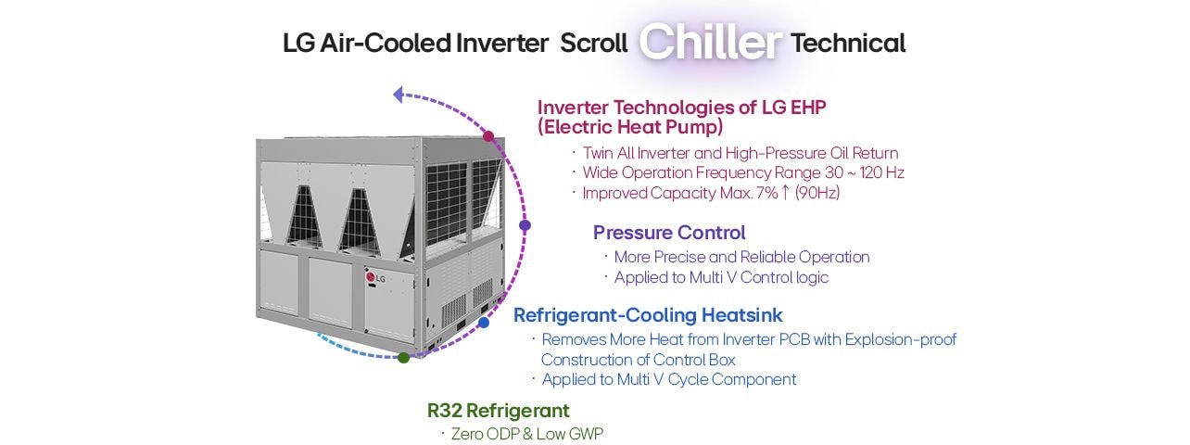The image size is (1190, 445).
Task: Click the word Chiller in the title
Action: point(711,43)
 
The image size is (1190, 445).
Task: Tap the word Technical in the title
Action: point(848,44)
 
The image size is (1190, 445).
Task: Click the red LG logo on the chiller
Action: point(375,277)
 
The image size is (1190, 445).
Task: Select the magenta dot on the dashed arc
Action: point(488,136)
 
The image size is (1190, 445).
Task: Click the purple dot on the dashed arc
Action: point(525,225)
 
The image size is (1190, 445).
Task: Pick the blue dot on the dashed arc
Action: point(484,323)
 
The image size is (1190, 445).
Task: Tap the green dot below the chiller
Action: point(403,358)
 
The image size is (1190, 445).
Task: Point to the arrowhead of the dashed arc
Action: point(399,94)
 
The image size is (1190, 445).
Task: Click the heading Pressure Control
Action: point(669,233)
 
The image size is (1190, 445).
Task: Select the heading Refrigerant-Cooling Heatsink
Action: point(648,315)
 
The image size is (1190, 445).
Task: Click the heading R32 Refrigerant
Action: point(498,410)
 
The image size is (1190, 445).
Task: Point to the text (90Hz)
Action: point(817,193)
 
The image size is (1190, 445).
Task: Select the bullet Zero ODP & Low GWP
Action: point(527,433)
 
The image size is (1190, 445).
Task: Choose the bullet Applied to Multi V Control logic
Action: point(721,277)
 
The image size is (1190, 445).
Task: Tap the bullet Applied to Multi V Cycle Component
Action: point(668,379)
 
